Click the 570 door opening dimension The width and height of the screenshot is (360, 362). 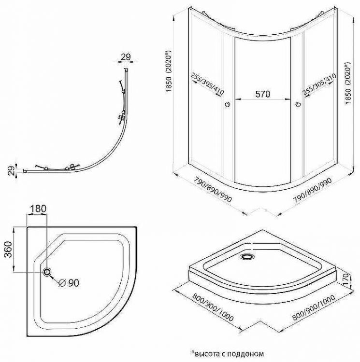coord(262,94)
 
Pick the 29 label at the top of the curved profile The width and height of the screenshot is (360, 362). coord(125,57)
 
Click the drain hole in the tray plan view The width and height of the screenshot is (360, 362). coord(47,272)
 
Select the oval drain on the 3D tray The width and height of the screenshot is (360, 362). coord(248,257)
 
